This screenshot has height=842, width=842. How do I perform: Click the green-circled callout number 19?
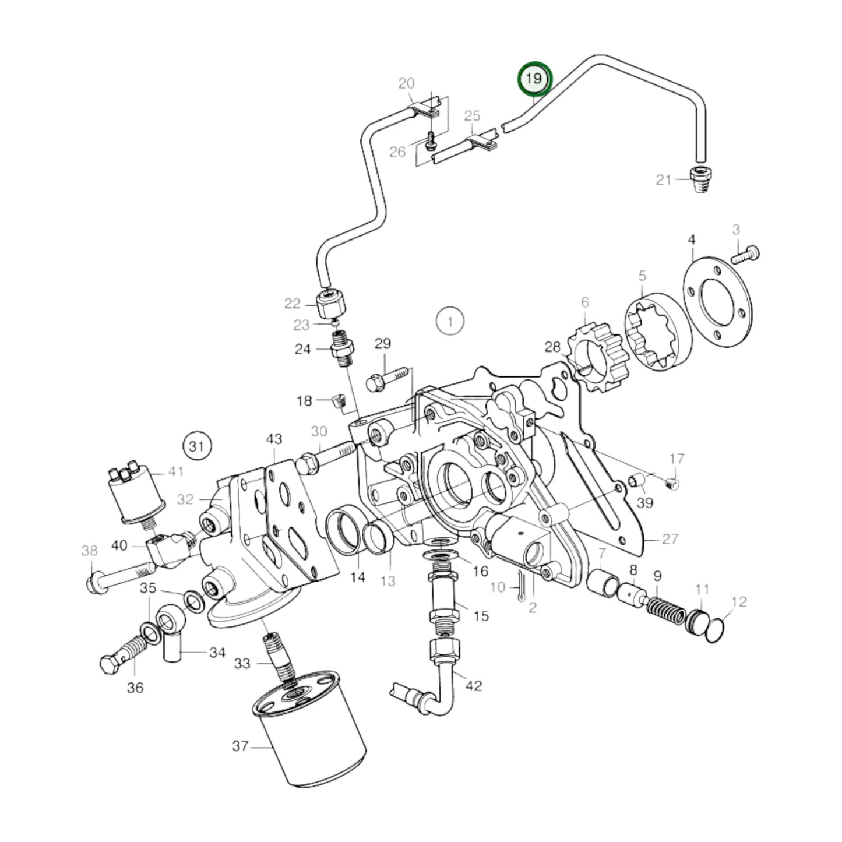(x=534, y=78)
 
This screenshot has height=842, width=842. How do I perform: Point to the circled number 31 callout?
(x=197, y=446)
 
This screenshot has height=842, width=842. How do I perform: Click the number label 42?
(x=474, y=685)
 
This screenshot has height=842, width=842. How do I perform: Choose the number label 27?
(x=670, y=538)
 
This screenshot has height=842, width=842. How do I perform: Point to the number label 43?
(x=274, y=438)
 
